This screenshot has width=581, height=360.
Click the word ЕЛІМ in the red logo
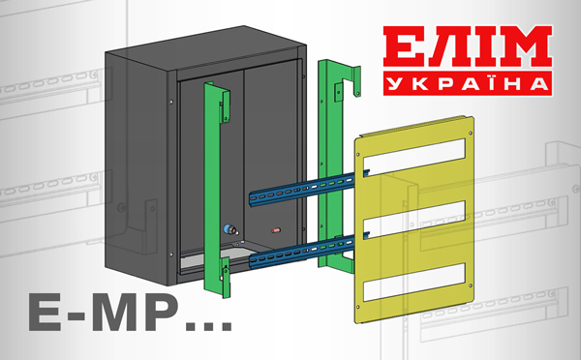click(x=468, y=46)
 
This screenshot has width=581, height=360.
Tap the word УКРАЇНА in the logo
click(x=468, y=84)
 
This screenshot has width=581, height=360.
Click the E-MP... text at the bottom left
click(x=131, y=314)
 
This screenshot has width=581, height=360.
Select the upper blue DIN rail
click(x=310, y=188)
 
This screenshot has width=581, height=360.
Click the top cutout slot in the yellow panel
click(x=414, y=157)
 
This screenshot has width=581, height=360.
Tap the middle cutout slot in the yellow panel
click(x=414, y=220)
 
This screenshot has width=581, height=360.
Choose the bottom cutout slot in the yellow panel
click(x=414, y=282)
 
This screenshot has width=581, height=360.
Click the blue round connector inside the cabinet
click(x=229, y=229)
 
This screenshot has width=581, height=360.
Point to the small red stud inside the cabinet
click(x=276, y=230)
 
